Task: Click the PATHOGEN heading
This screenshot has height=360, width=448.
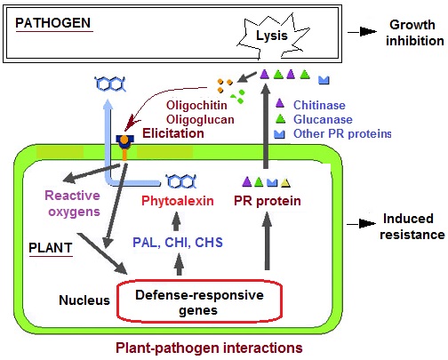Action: [53, 23]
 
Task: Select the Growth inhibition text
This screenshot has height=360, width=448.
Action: [414, 33]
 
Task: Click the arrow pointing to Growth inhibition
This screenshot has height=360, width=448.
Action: [362, 32]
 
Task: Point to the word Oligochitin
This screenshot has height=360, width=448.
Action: [196, 105]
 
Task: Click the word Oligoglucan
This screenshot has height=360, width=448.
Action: [200, 119]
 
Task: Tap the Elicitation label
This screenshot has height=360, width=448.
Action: [173, 133]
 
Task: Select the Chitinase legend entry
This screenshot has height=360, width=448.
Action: [310, 105]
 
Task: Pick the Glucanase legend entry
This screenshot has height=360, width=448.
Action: [314, 119]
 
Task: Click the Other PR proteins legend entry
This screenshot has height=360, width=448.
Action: [332, 133]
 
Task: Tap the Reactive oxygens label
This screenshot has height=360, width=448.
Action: [73, 204]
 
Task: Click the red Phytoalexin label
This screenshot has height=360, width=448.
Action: [178, 201]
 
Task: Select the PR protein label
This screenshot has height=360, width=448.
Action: [268, 201]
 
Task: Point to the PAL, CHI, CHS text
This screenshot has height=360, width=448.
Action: [178, 243]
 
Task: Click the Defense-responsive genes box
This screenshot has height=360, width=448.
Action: [199, 301]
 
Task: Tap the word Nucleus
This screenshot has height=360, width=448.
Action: [84, 300]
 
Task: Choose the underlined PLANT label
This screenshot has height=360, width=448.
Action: [51, 248]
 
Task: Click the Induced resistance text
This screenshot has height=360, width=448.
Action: [412, 227]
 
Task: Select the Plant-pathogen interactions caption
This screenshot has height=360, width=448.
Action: [209, 348]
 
